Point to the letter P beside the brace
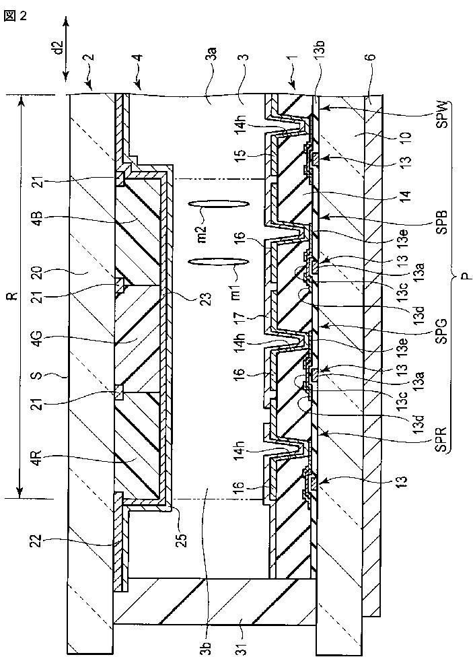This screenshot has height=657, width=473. (x=465, y=279)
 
